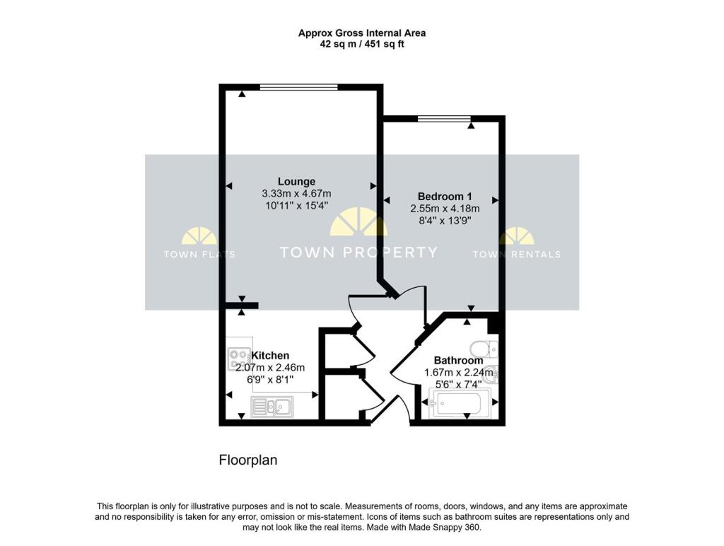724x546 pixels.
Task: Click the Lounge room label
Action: coord(296,181)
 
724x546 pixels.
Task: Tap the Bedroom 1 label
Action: coord(445,197)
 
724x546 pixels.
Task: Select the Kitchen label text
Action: coord(270,355)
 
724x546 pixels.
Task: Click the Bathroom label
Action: coord(458,360)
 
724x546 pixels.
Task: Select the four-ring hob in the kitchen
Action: coord(237,360)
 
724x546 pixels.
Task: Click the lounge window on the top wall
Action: coord(298,88)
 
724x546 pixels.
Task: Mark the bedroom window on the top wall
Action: coord(443,119)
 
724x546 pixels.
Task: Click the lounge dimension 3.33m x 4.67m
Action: coord(296,194)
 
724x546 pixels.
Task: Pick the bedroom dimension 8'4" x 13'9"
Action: coord(445,221)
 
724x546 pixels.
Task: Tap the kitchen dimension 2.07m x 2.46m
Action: coord(269,367)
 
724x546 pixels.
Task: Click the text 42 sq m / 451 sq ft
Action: coord(361,44)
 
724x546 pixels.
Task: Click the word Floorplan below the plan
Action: coord(247,460)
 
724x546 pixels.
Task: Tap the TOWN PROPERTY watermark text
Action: coord(358,252)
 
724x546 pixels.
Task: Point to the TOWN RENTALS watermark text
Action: coord(516,255)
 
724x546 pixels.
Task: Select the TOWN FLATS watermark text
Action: coord(199,255)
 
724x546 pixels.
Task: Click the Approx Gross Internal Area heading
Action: coord(361,33)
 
